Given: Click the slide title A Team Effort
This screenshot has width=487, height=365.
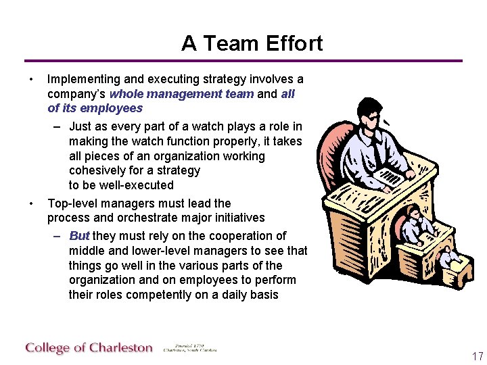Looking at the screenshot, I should click(252, 43).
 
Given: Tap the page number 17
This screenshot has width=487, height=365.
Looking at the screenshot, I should click(478, 356).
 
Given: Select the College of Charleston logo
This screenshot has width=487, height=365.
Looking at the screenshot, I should click(89, 348).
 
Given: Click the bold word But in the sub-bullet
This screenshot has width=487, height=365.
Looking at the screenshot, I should click(79, 236).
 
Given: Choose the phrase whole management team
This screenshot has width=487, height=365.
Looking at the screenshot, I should click(181, 94).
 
